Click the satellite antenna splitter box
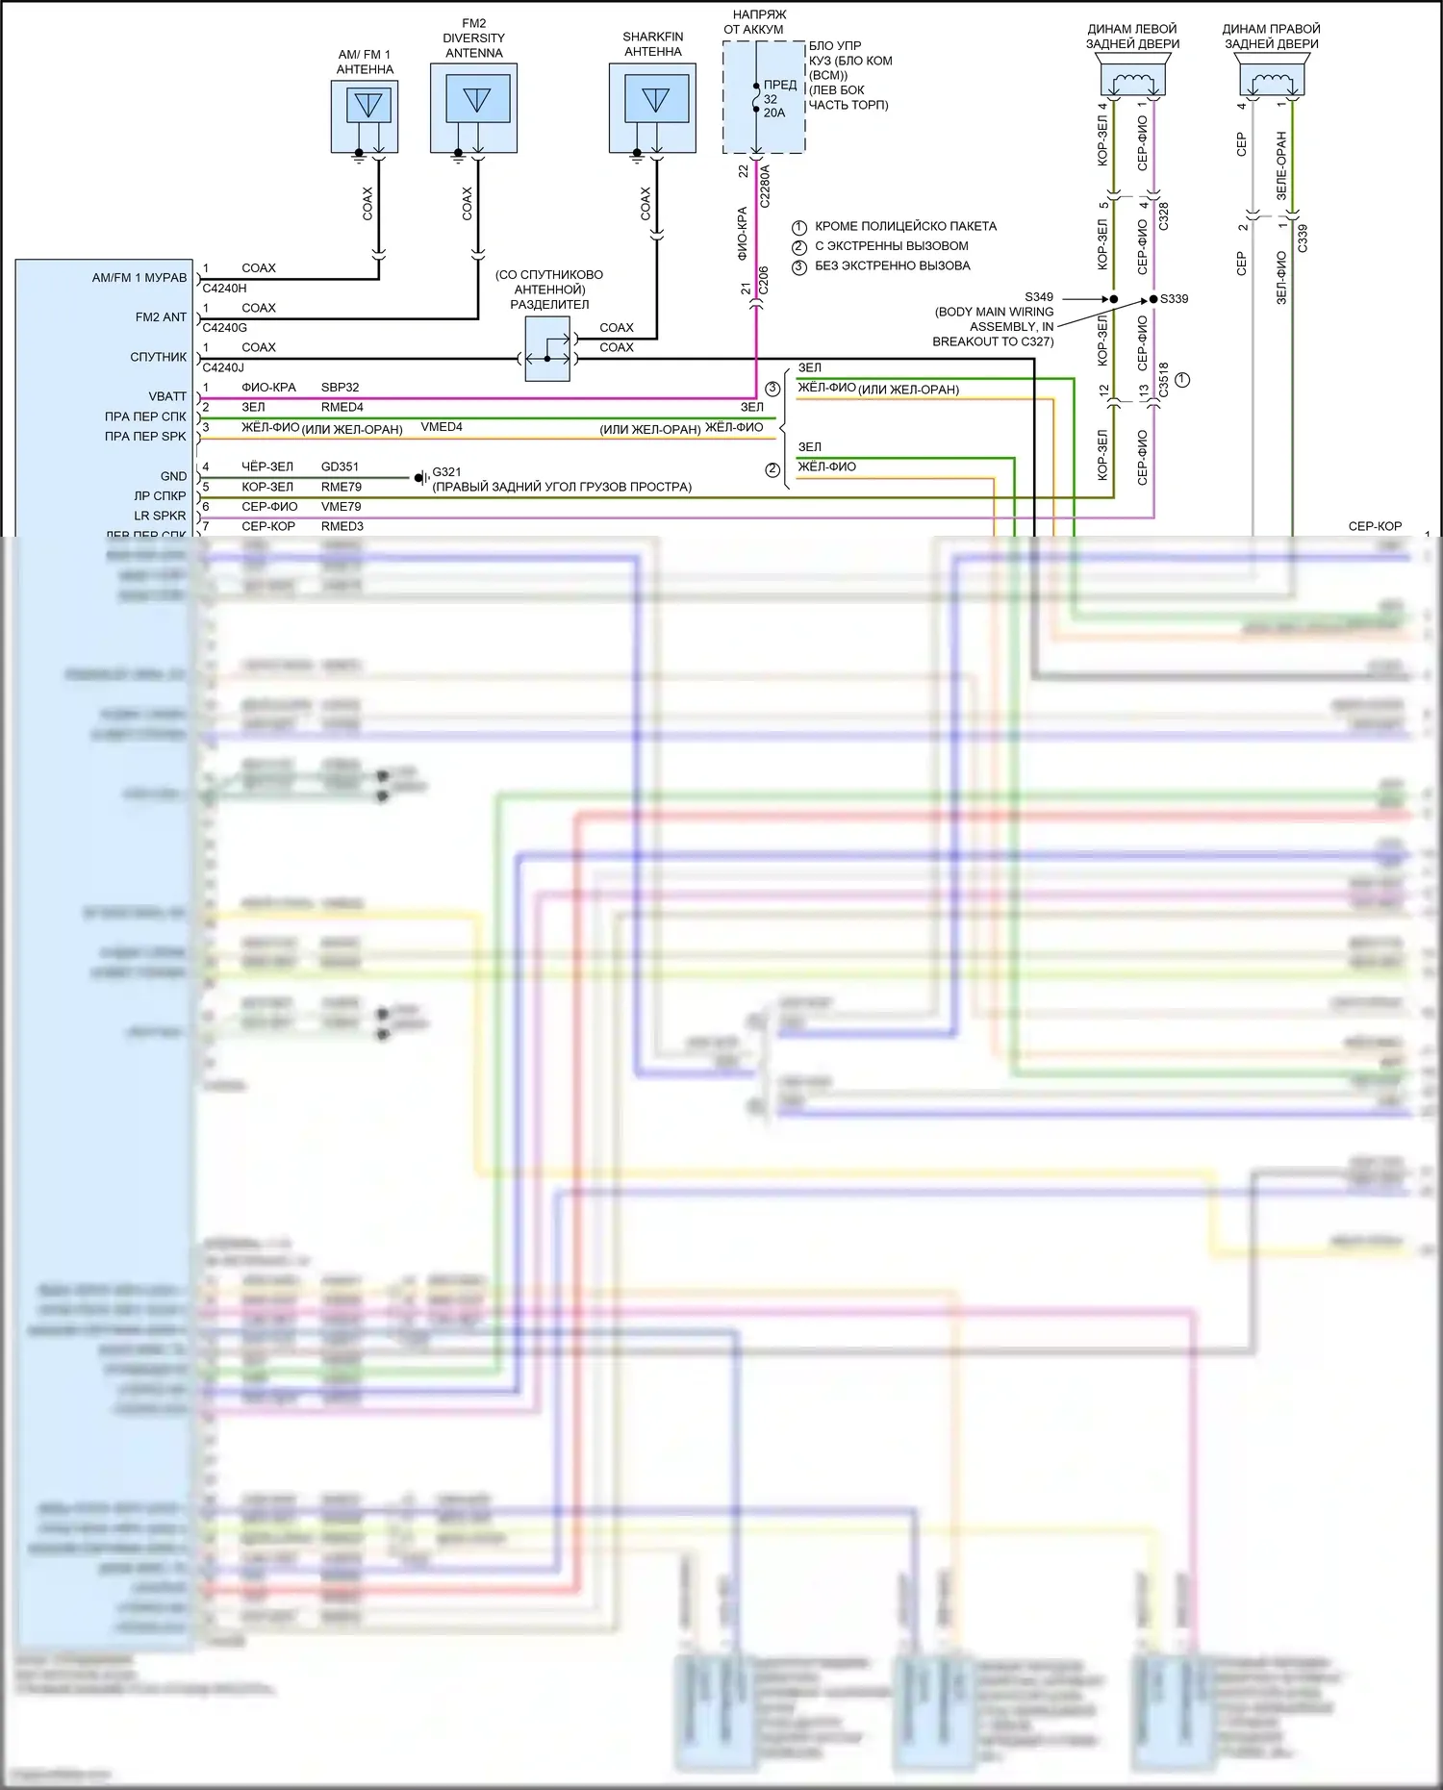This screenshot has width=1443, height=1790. point(547,348)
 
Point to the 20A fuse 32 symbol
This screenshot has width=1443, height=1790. point(757,98)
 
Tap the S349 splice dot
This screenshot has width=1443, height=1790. point(1114,299)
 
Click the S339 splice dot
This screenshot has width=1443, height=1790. point(1153,299)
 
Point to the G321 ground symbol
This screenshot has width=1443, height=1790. point(420,478)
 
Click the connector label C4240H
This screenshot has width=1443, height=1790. point(224,288)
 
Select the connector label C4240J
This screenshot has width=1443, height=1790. point(223,367)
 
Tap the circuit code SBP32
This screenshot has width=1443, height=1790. point(340,388)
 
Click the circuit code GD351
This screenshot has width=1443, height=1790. point(340,466)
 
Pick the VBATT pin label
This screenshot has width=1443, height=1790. point(167,396)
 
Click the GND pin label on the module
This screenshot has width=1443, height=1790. point(173,476)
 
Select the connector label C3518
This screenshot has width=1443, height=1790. point(1163,380)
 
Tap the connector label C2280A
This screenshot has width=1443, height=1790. point(765,187)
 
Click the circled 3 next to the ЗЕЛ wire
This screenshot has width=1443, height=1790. point(772,389)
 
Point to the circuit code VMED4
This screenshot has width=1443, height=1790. point(442,427)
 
